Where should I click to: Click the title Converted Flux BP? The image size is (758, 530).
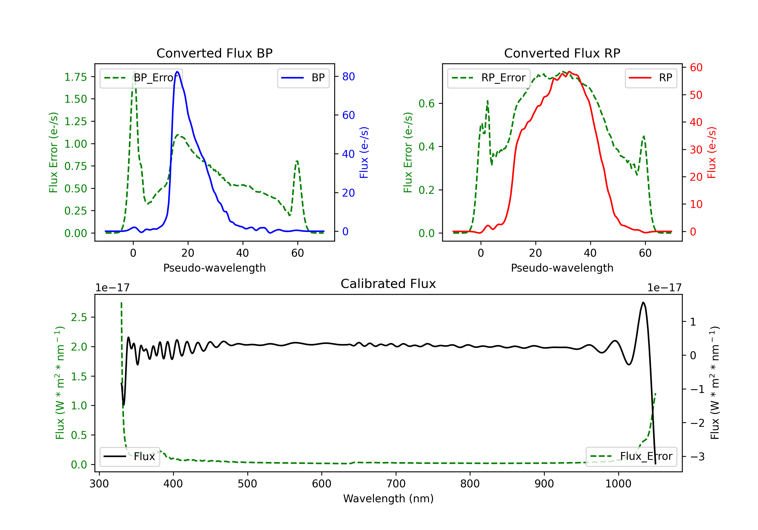pyautogui.click(x=214, y=53)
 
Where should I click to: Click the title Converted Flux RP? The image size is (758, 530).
pyautogui.click(x=562, y=53)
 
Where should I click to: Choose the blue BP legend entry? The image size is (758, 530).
pyautogui.click(x=303, y=78)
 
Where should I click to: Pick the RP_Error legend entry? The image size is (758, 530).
pyautogui.click(x=489, y=78)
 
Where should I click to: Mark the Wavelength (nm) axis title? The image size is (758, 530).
pyautogui.click(x=388, y=498)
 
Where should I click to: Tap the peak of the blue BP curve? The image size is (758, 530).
pyautogui.click(x=177, y=72)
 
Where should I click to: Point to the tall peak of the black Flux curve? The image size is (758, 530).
pyautogui.click(x=643, y=302)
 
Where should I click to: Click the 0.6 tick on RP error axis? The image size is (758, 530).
pyautogui.click(x=426, y=103)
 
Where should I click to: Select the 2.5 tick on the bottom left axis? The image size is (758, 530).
pyautogui.click(x=79, y=317)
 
